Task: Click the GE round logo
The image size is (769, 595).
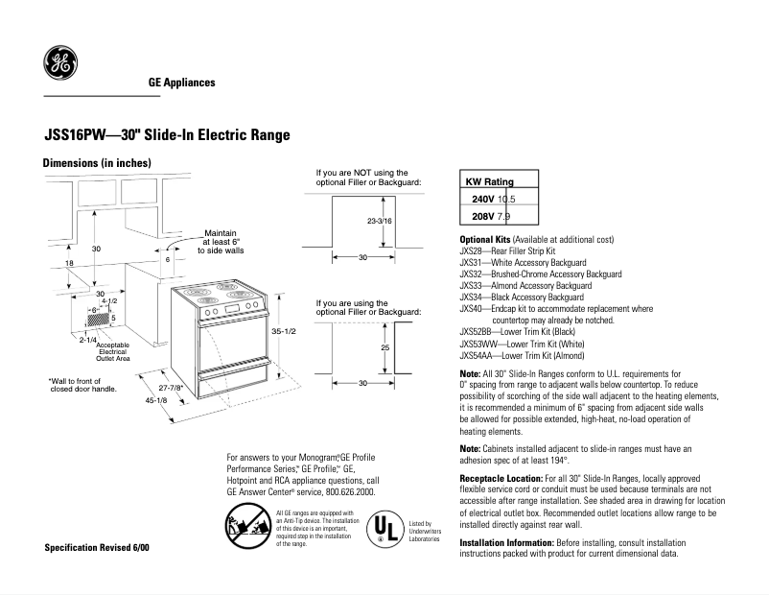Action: click(58, 64)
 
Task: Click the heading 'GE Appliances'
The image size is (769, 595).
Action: click(181, 83)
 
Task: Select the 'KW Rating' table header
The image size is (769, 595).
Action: click(489, 181)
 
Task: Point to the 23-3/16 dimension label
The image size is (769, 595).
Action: click(380, 221)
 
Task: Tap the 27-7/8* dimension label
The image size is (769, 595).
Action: click(172, 388)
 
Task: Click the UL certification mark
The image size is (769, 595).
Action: click(384, 528)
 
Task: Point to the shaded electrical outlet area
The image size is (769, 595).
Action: click(101, 319)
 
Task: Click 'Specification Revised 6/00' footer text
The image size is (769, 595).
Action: click(97, 548)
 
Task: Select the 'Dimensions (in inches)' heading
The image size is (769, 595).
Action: click(98, 163)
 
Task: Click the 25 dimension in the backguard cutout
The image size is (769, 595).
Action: click(384, 346)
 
